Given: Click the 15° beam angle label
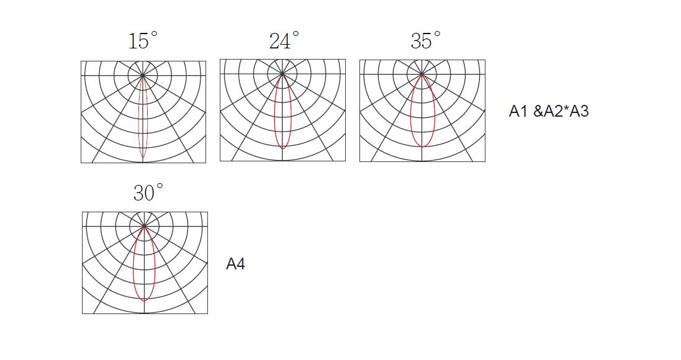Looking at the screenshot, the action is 143,40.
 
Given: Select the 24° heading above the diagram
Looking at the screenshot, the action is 284,40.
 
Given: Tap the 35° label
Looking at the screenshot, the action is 426,40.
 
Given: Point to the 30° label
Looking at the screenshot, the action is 148,192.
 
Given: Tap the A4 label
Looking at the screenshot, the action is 235,264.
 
